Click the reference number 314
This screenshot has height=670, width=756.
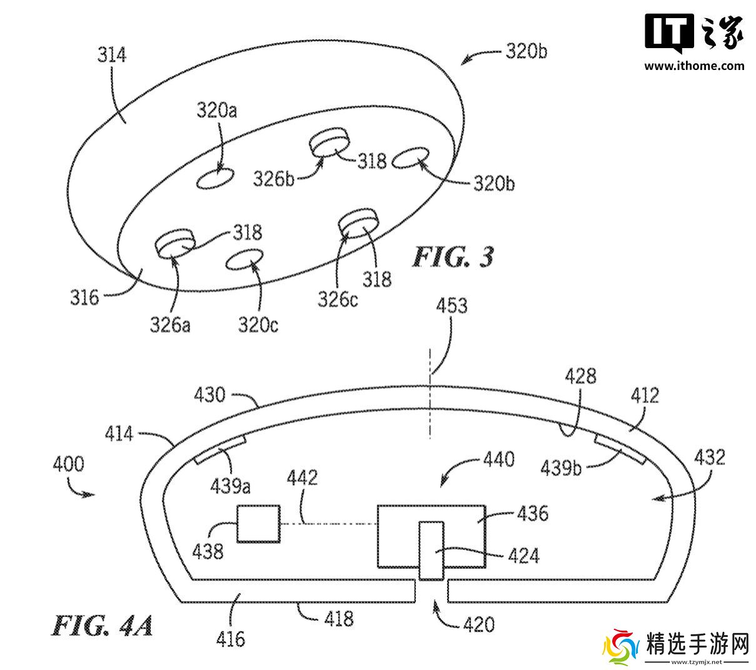click(x=112, y=55)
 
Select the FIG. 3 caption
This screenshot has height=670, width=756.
click(x=452, y=257)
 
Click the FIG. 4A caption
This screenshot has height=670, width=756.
click(x=102, y=625)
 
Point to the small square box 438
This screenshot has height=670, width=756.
click(x=257, y=523)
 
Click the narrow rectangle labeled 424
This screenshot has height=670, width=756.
click(x=431, y=549)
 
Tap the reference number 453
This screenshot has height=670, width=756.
click(x=451, y=306)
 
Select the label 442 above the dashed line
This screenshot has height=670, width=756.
click(x=302, y=478)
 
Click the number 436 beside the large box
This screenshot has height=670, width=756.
click(x=532, y=514)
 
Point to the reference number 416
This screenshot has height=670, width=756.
click(x=231, y=638)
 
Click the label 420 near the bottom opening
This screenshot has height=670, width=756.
click(x=478, y=624)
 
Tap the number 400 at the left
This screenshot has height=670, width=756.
click(x=68, y=464)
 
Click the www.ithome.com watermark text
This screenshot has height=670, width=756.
click(x=694, y=66)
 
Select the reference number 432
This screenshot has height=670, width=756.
click(x=708, y=457)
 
